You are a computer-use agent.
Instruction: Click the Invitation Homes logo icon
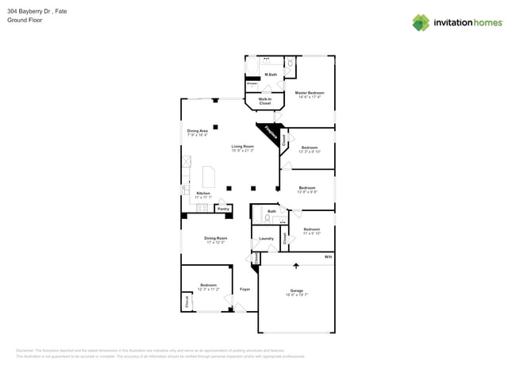(421, 22)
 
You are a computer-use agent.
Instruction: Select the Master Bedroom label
(309, 94)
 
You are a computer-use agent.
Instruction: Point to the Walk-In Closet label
(264, 102)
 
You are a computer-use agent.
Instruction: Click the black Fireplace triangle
(269, 133)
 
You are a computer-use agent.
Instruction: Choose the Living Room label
(242, 148)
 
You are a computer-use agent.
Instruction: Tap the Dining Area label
(198, 133)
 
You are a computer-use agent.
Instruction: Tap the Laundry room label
(266, 239)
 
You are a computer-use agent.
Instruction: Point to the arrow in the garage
(296, 266)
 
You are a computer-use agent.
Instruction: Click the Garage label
(297, 291)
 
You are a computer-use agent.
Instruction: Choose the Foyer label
(245, 289)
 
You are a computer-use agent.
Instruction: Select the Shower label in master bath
(252, 83)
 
